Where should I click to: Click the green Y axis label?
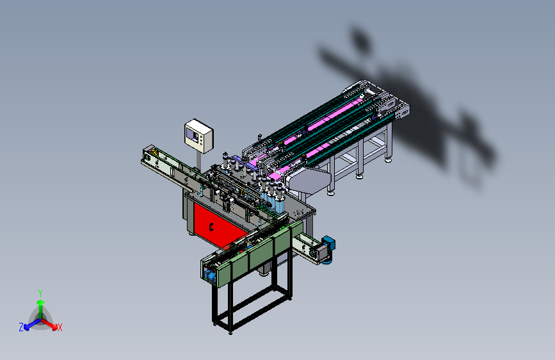click(40, 293)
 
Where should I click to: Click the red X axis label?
click(60, 327)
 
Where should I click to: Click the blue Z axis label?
click(21, 327)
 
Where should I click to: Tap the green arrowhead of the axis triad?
click(41, 303)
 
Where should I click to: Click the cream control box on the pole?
click(198, 136)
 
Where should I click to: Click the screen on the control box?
click(192, 135)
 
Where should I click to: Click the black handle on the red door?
click(211, 226)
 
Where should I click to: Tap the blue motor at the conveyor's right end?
click(329, 244)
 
